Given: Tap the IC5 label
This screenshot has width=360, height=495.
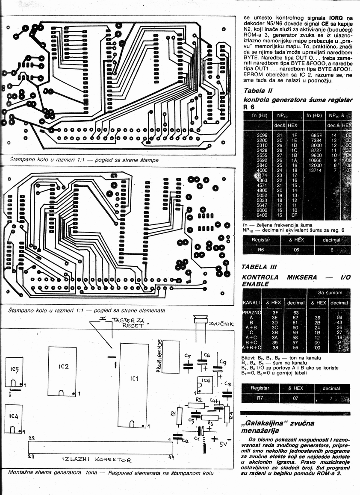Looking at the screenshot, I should pos(15,368).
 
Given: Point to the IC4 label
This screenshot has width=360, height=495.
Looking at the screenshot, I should pos(13,415).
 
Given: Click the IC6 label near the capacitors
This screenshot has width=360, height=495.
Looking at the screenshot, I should pos(206,380).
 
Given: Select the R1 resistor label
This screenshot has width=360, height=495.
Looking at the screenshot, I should pos(173,413).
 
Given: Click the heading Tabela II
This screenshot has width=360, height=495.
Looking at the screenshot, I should pos(258,91).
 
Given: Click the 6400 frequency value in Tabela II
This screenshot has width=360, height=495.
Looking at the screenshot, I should pos(262,215).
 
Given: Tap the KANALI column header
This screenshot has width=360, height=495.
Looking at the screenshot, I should pos(252,303).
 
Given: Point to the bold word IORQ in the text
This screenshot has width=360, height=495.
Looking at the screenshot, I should pos(334,18).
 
